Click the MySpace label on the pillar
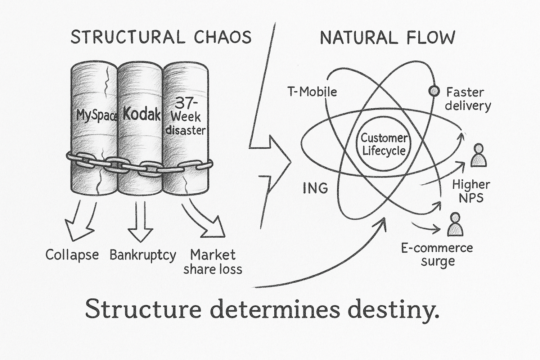(x=96, y=116)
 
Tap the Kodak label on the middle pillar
(x=141, y=114)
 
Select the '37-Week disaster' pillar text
(x=185, y=117)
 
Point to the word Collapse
(x=72, y=255)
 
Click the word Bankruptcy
(x=143, y=255)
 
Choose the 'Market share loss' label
(x=213, y=262)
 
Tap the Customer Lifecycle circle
(x=384, y=144)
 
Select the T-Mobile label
(x=312, y=92)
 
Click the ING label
(x=315, y=188)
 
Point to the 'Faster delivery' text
(x=468, y=99)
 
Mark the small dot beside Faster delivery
(x=434, y=91)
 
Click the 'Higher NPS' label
(x=471, y=191)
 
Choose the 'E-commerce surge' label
(x=437, y=255)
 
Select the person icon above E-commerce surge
(x=455, y=224)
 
